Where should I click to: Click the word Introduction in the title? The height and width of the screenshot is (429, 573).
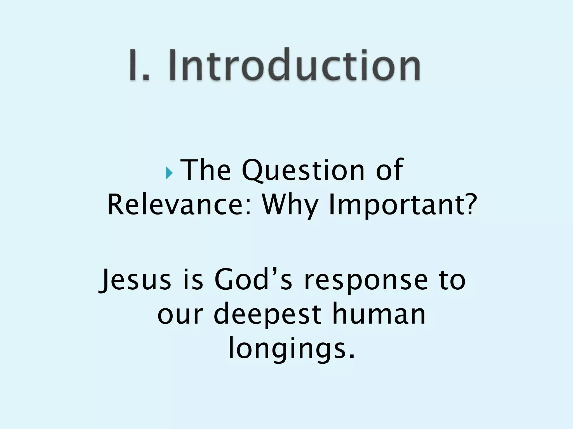coord(294,65)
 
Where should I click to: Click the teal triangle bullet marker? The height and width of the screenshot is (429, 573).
coord(169,173)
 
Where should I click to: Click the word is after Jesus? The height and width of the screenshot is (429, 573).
coord(193,280)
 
